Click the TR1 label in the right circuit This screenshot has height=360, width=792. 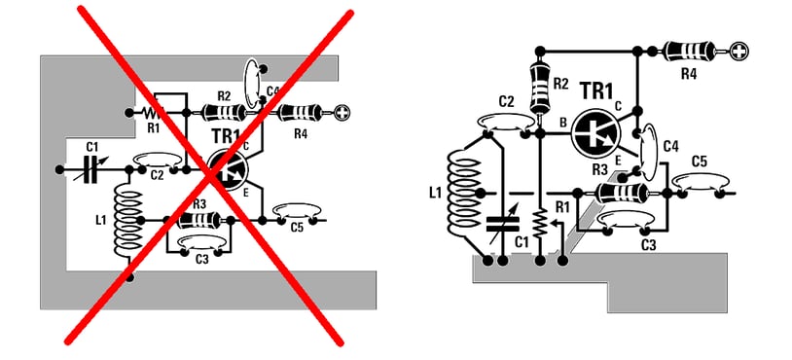596,90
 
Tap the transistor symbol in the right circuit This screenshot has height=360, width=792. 596,132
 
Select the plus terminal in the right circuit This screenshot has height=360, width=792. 738,51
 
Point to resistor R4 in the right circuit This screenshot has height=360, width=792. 690,51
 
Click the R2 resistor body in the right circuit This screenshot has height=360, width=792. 540,89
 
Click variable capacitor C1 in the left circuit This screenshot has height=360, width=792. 90,170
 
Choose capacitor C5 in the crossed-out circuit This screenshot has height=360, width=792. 296,212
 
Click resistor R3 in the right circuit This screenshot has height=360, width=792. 622,193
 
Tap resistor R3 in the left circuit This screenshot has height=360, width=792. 198,220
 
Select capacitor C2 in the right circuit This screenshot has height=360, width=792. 506,124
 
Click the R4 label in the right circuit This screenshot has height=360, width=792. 689,74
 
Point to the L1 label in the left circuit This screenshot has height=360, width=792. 101,220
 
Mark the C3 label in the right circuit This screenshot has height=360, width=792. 648,246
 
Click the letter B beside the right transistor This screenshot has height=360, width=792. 562,123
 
